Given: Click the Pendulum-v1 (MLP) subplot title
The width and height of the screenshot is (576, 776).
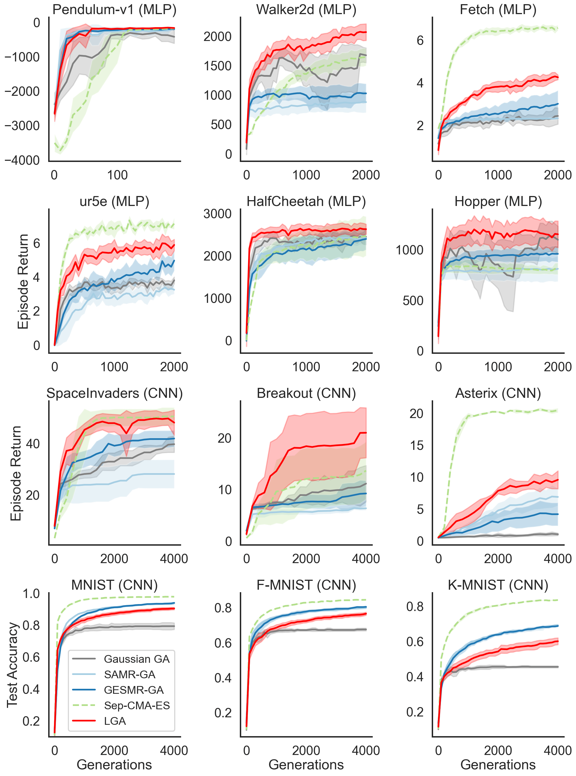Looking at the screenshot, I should (x=114, y=10).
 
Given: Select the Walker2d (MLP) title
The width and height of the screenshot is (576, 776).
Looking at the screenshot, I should (x=306, y=10).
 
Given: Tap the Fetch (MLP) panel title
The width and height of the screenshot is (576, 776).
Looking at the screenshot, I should (x=498, y=10).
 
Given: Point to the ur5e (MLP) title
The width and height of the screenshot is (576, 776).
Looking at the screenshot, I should (x=114, y=202).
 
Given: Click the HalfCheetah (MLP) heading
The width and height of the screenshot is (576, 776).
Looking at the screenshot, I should (x=306, y=202).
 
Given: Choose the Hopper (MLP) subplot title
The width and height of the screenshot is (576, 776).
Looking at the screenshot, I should (x=498, y=202).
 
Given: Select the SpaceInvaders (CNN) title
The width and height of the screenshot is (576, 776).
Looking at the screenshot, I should (x=114, y=393).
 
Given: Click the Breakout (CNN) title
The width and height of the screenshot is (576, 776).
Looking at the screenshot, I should (x=306, y=393).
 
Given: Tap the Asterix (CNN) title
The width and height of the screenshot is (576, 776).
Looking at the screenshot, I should (x=498, y=393).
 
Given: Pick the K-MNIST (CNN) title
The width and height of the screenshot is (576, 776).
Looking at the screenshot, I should (x=498, y=585).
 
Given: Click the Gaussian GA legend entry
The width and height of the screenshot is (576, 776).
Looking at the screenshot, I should (x=136, y=659).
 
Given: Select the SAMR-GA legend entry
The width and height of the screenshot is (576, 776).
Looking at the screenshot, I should (x=129, y=675).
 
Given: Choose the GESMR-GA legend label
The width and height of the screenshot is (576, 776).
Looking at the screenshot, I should (x=133, y=690).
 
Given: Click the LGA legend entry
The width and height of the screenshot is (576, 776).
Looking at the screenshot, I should (x=115, y=721).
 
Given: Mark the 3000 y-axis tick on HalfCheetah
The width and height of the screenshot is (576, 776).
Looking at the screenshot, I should (x=218, y=214).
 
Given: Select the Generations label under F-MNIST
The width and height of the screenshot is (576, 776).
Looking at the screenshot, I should (x=306, y=764).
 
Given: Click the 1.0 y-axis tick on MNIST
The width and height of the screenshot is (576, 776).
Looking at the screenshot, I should (x=31, y=593).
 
